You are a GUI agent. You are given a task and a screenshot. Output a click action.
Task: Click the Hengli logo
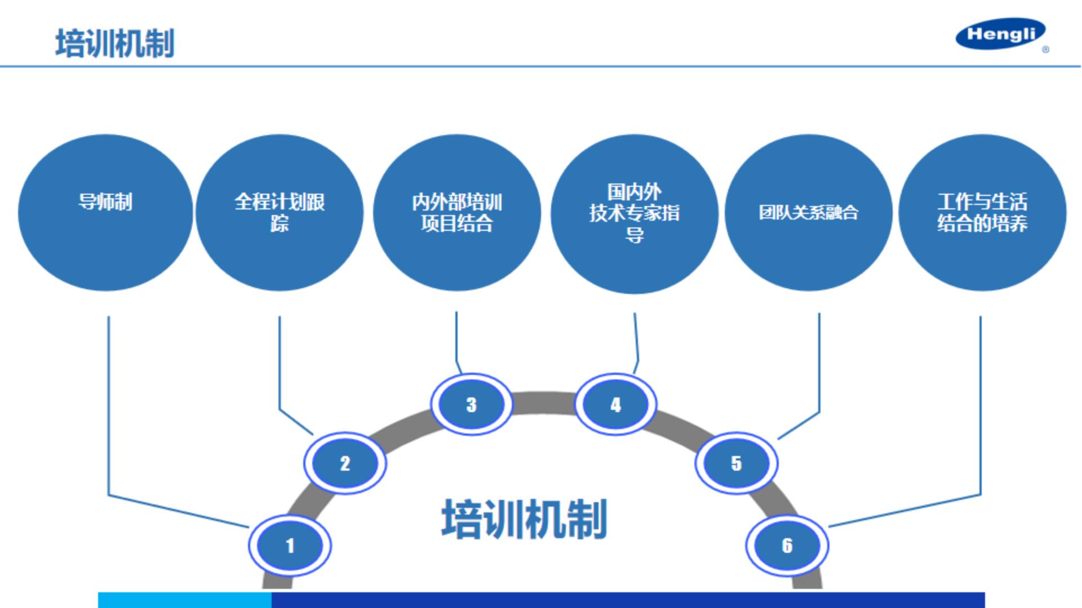(1000, 34)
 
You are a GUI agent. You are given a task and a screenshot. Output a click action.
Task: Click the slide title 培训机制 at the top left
(115, 43)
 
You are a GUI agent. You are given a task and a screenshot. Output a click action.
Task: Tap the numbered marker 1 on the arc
(290, 545)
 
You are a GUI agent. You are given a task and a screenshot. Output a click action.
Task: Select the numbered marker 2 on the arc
(345, 463)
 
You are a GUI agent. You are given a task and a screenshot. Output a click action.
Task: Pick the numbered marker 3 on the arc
(472, 404)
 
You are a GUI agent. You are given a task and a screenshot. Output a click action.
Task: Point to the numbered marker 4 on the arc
(615, 404)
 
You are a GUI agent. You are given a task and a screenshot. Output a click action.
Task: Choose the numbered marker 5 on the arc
(736, 463)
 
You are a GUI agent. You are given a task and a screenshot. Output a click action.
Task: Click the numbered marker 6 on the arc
(787, 545)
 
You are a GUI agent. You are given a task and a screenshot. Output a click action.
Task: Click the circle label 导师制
(105, 202)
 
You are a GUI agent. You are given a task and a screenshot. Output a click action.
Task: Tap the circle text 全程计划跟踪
(280, 212)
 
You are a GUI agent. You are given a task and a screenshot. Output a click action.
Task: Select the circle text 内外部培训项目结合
(456, 212)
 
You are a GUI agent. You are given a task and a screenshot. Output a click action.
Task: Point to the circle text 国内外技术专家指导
(634, 212)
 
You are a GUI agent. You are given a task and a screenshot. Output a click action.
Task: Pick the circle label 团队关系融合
(808, 212)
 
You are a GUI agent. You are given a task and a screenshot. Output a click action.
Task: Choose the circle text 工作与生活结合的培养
(982, 212)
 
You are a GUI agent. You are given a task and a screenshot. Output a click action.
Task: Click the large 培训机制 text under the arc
(524, 519)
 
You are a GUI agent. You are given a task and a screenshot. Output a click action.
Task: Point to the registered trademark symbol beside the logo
(1045, 50)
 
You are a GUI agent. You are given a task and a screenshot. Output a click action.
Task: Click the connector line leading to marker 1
(109, 405)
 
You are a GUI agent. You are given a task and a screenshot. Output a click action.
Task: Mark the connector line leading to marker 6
(981, 405)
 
